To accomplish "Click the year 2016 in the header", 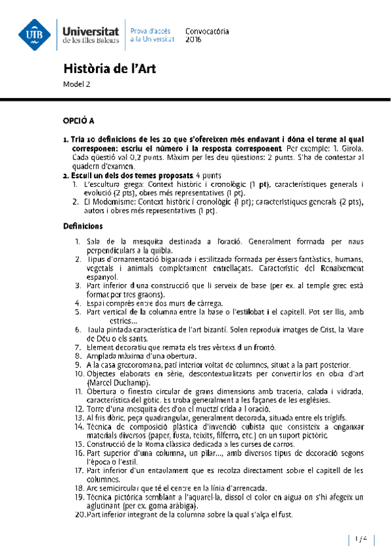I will click(194, 40).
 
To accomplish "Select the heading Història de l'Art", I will click(110, 69).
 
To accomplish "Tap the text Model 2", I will click(76, 84).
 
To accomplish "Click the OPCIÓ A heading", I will click(78, 121).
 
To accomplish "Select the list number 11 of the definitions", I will click(78, 390).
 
